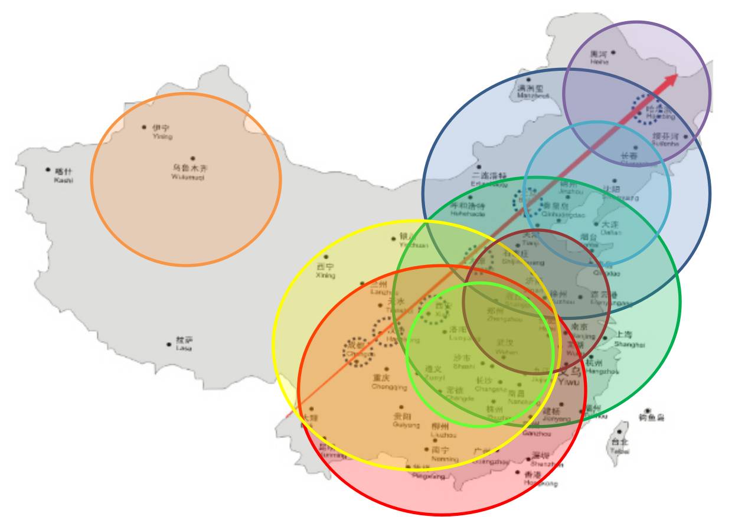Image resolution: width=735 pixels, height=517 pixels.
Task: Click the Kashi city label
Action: click(x=63, y=175)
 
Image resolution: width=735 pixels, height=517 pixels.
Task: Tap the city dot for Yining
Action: click(x=144, y=127)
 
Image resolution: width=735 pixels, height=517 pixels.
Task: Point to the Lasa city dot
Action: click(x=169, y=344)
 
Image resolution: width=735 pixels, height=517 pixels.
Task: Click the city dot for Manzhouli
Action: click(x=528, y=80)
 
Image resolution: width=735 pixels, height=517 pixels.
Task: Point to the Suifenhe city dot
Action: click(x=685, y=137)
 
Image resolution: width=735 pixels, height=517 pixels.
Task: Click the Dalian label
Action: click(x=610, y=228)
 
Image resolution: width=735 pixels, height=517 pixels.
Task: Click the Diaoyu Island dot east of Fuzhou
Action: click(x=648, y=411)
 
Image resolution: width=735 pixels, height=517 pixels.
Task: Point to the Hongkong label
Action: click(x=540, y=479)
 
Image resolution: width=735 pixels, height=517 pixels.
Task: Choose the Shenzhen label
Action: click(x=547, y=460)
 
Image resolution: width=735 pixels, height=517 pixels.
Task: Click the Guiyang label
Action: click(x=406, y=420)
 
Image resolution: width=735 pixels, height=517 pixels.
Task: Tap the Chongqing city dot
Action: click(x=387, y=369)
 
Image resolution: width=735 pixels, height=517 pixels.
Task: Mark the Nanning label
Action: click(x=444, y=454)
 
